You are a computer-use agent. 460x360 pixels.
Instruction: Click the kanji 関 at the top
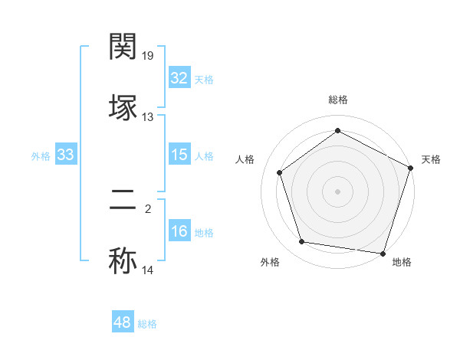(123, 47)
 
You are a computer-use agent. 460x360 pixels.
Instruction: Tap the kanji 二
(123, 201)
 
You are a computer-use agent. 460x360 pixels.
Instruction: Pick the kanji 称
(123, 260)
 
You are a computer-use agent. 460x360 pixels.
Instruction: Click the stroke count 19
(149, 55)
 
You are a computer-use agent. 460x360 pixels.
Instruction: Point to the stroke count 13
(148, 117)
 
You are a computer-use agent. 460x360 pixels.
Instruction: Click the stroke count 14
(148, 270)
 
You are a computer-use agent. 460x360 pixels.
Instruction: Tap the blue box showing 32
(179, 78)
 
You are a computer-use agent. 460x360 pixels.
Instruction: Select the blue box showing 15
(179, 155)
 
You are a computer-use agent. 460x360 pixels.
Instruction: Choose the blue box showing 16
(179, 232)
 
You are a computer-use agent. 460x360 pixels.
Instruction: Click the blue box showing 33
(65, 155)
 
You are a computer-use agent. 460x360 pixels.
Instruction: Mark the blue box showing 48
(123, 322)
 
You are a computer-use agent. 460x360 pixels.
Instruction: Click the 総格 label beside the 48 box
(147, 324)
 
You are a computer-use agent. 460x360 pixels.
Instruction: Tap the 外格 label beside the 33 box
(41, 156)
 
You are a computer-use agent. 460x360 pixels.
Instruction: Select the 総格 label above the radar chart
(337, 100)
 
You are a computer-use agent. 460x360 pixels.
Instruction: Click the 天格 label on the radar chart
(431, 159)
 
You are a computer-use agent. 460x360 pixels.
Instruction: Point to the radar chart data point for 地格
(383, 253)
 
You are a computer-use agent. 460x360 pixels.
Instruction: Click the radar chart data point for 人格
(279, 172)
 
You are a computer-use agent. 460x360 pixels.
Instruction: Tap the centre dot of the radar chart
(337, 191)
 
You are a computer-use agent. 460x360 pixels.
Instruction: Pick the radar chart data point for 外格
(303, 242)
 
